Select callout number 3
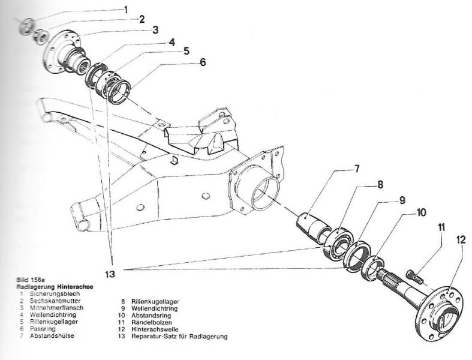tap(154, 29)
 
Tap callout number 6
tap(203, 62)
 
